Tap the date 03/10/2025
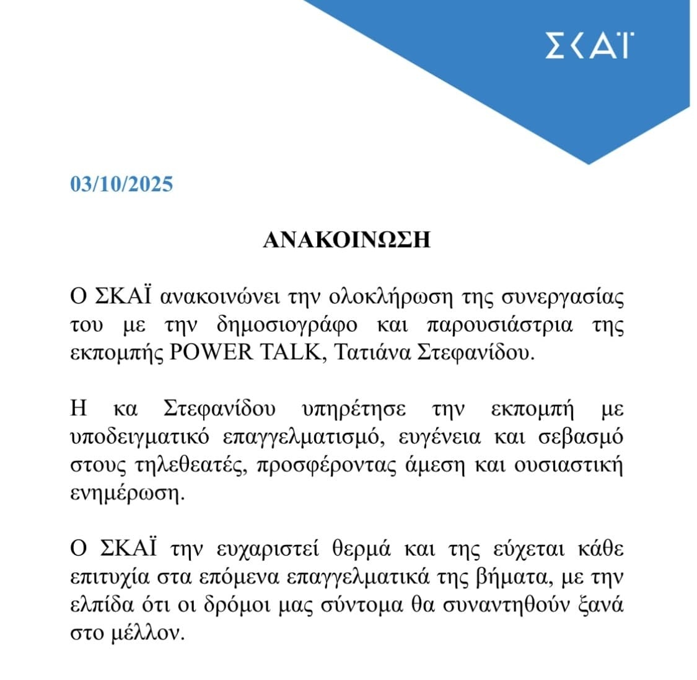point(121,185)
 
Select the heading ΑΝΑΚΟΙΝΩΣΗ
point(346,240)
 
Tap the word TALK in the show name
point(289,352)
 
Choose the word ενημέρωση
point(127,494)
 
